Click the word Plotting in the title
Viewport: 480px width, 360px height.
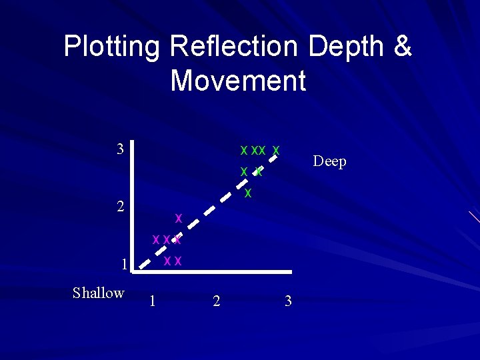click(112, 47)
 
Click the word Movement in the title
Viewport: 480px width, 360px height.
click(238, 81)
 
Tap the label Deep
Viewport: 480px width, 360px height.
click(329, 161)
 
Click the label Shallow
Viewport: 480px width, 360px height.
click(98, 293)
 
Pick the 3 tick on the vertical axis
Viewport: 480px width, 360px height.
click(120, 149)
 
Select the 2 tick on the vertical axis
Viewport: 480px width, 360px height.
click(120, 206)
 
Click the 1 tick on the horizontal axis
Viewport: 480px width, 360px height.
click(153, 301)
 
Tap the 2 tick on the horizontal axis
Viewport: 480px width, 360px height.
click(216, 301)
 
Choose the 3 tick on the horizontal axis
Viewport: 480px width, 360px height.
click(288, 301)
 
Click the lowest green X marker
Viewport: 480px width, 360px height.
click(247, 194)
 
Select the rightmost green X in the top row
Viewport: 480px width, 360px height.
click(276, 150)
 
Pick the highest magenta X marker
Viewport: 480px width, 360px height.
click(178, 217)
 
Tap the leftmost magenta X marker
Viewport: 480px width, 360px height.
click(155, 239)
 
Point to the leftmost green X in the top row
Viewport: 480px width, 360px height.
click(244, 150)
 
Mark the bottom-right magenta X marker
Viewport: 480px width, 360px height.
click(178, 261)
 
